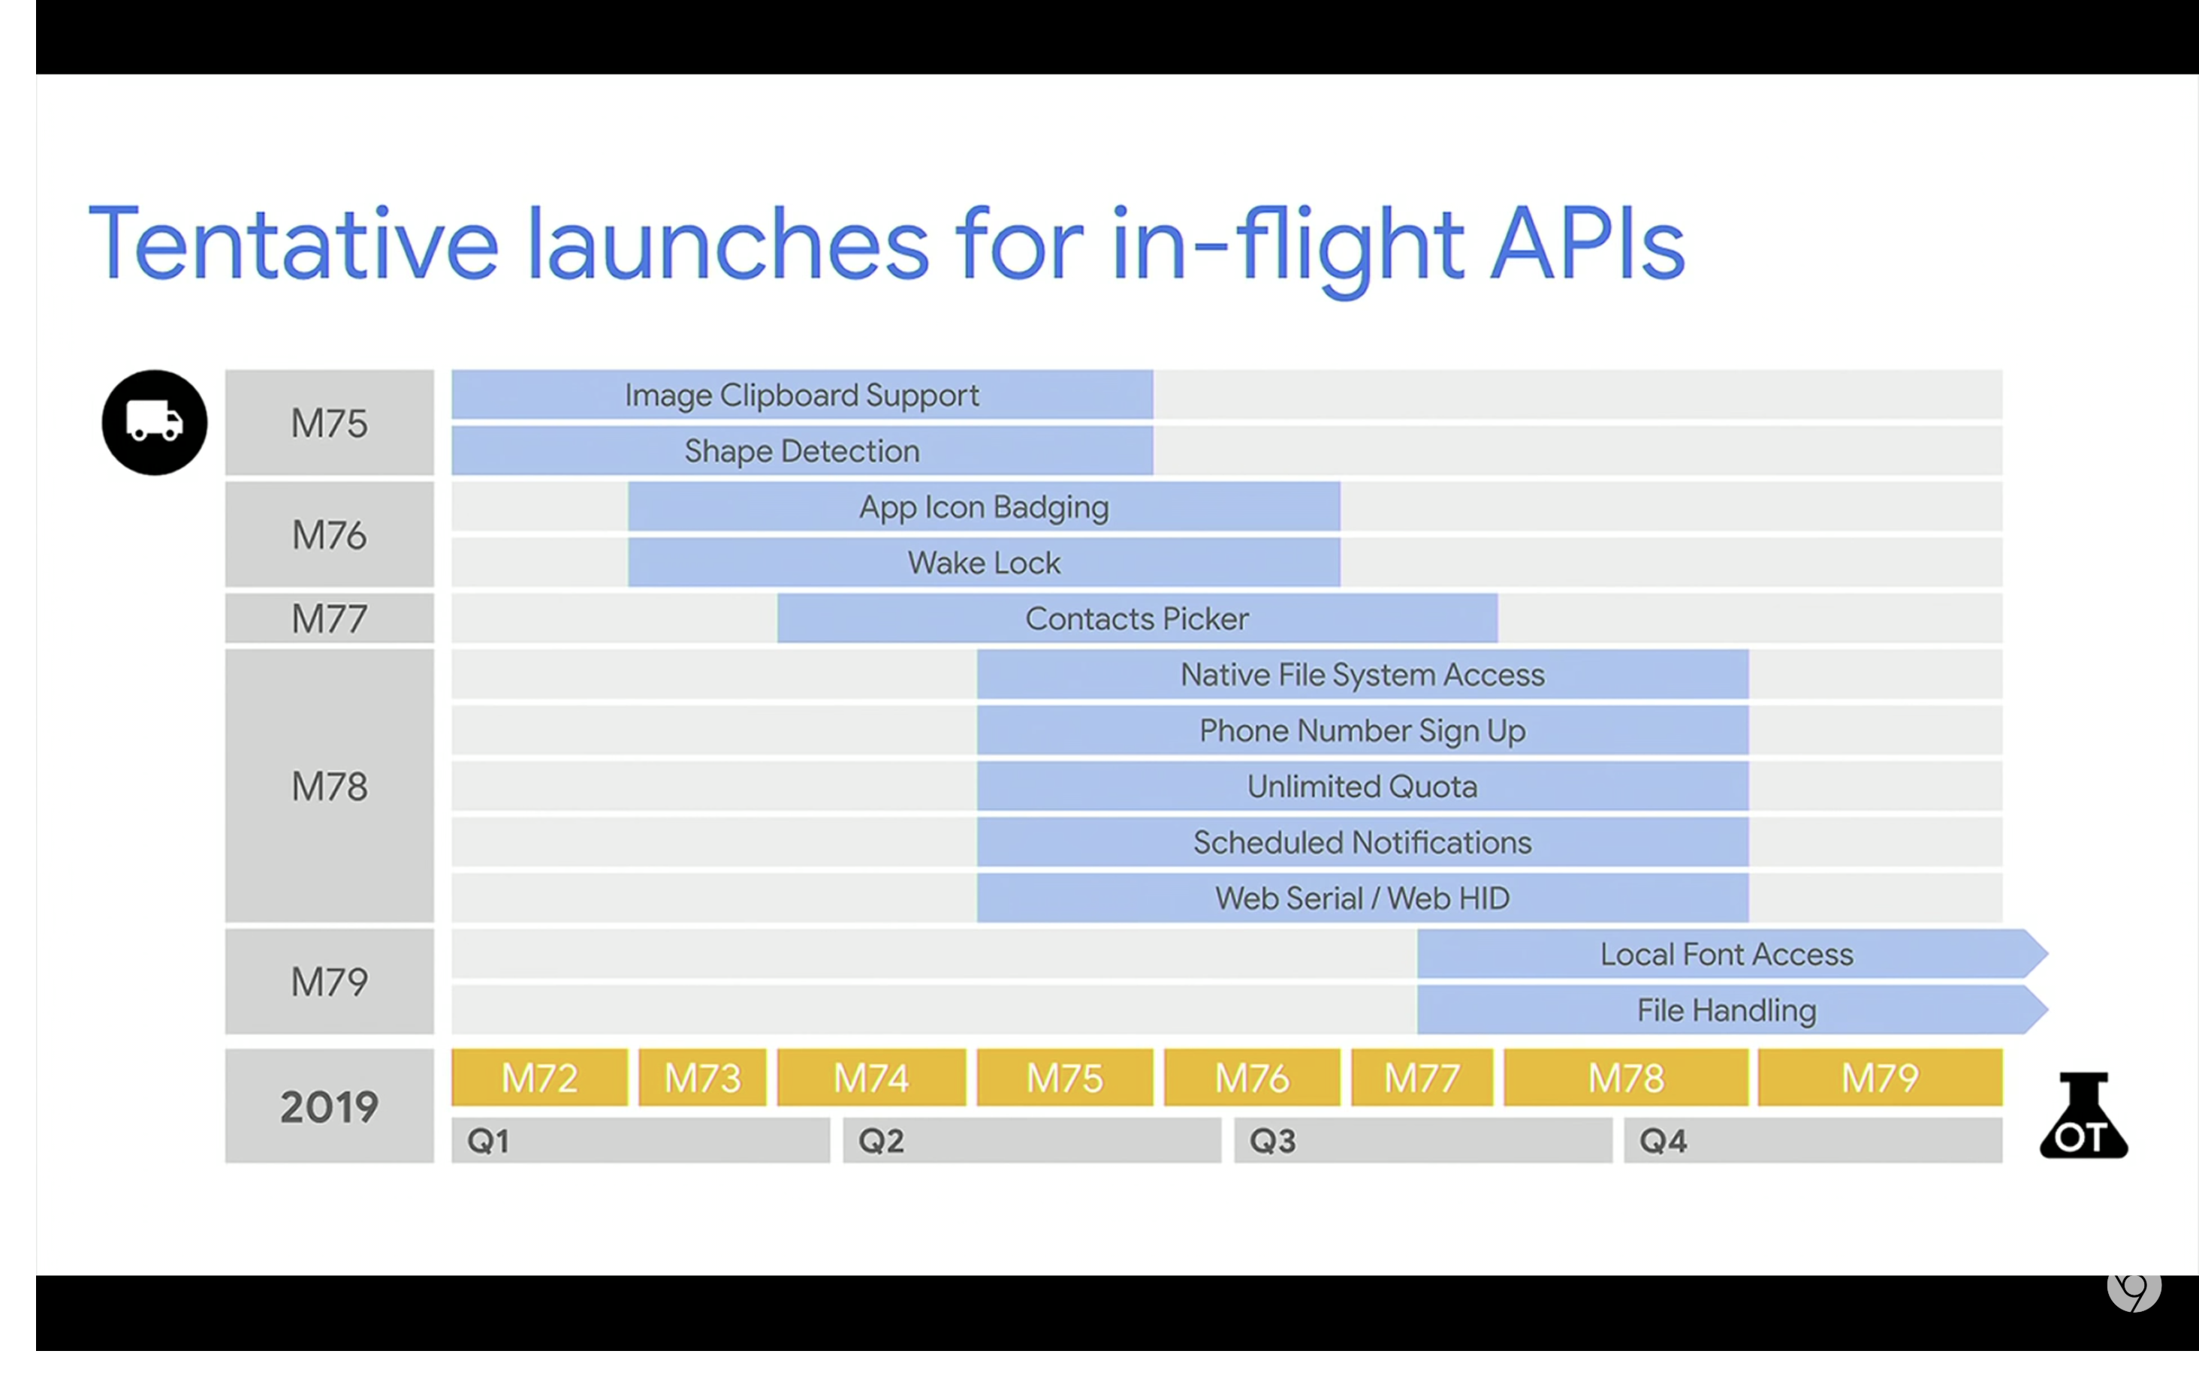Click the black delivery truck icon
click(x=154, y=422)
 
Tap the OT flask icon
click(x=2083, y=1115)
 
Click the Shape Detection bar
click(x=802, y=450)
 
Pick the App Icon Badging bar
click(x=984, y=507)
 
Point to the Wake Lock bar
click(x=984, y=562)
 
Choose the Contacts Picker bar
click(x=1137, y=618)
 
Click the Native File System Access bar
click(x=1362, y=675)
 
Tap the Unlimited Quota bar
click(x=1362, y=786)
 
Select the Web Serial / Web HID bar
click(x=1362, y=898)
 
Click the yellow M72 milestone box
click(x=540, y=1078)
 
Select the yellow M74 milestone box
click(x=871, y=1078)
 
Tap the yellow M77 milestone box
click(x=1422, y=1078)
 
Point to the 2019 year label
click(x=329, y=1106)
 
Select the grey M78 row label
click(x=329, y=786)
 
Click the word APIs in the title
click(x=1587, y=244)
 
